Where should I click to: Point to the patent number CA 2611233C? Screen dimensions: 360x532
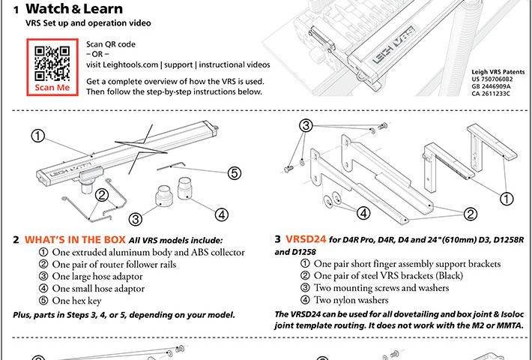(491, 93)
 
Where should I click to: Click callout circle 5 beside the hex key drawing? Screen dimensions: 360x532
(235, 172)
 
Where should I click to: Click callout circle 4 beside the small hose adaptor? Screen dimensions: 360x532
(220, 213)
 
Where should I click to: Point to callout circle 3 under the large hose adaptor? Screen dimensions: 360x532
(136, 219)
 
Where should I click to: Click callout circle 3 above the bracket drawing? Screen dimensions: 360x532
(306, 127)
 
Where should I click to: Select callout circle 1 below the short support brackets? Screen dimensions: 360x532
(507, 199)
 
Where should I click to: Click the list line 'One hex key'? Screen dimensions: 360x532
(84, 300)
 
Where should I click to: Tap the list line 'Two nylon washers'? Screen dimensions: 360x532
(357, 300)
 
